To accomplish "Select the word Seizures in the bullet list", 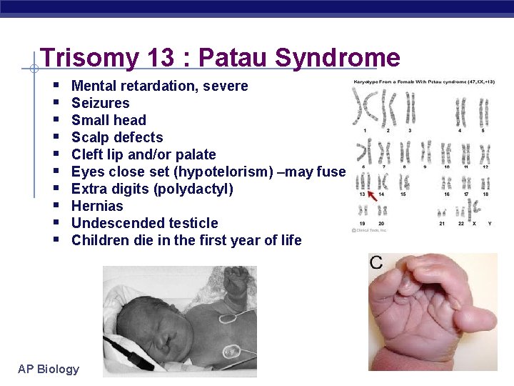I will click(101, 103).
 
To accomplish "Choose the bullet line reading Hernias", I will click(97, 206).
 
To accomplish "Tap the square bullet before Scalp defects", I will click(56, 137).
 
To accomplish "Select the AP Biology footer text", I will click(49, 369).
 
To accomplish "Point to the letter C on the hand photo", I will click(377, 262).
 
